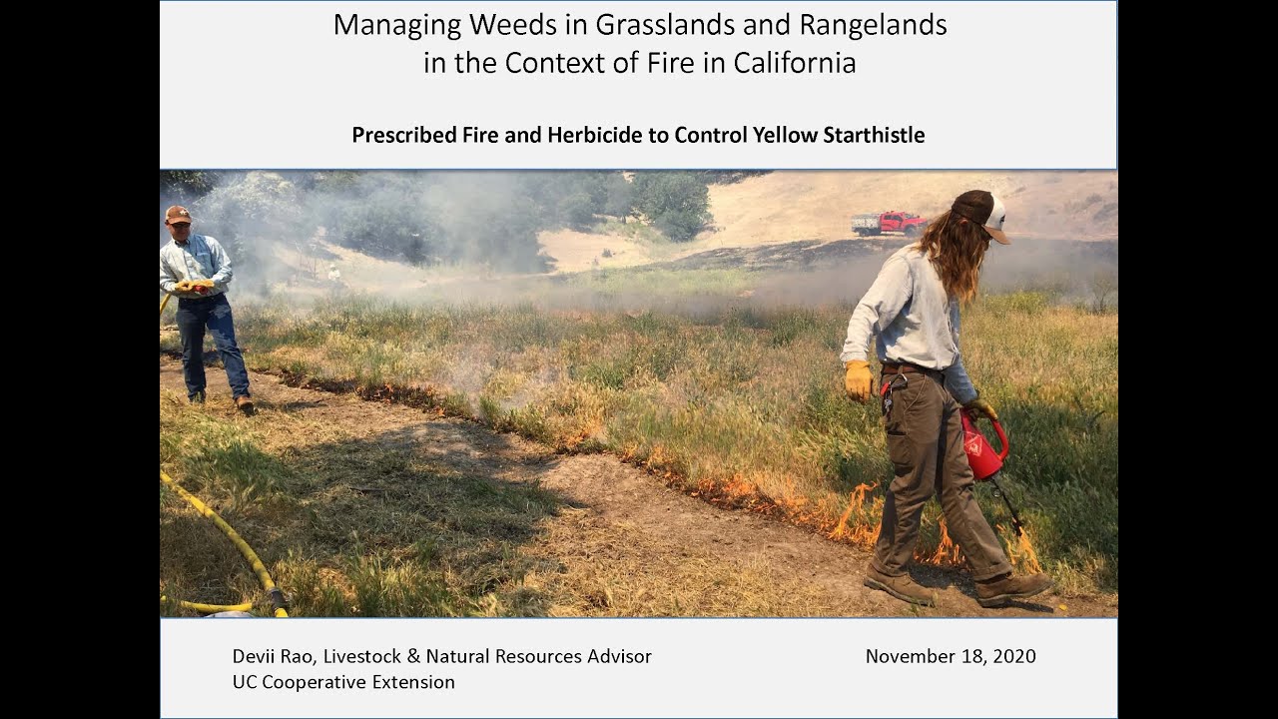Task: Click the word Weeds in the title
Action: (499, 25)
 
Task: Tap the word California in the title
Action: (795, 63)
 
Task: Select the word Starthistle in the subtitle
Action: (874, 135)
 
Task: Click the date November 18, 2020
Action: (950, 656)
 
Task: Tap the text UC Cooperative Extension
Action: (343, 682)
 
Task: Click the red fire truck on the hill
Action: (889, 223)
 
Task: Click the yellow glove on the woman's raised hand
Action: (858, 379)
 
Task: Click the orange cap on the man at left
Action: (178, 214)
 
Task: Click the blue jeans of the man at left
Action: (212, 345)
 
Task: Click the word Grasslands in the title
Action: (644, 25)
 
